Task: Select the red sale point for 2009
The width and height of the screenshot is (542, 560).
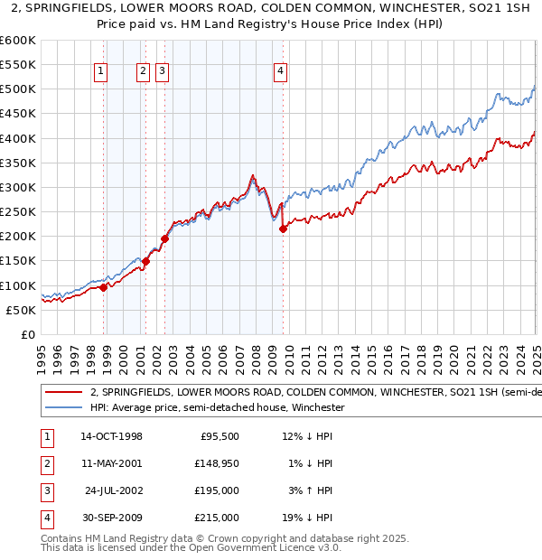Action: pos(283,229)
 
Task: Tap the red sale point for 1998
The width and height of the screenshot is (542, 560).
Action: pos(104,287)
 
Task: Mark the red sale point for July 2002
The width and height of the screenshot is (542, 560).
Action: pos(165,238)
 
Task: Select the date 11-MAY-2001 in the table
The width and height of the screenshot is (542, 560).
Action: pos(111,463)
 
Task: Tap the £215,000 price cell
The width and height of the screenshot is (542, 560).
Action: pos(218,518)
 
